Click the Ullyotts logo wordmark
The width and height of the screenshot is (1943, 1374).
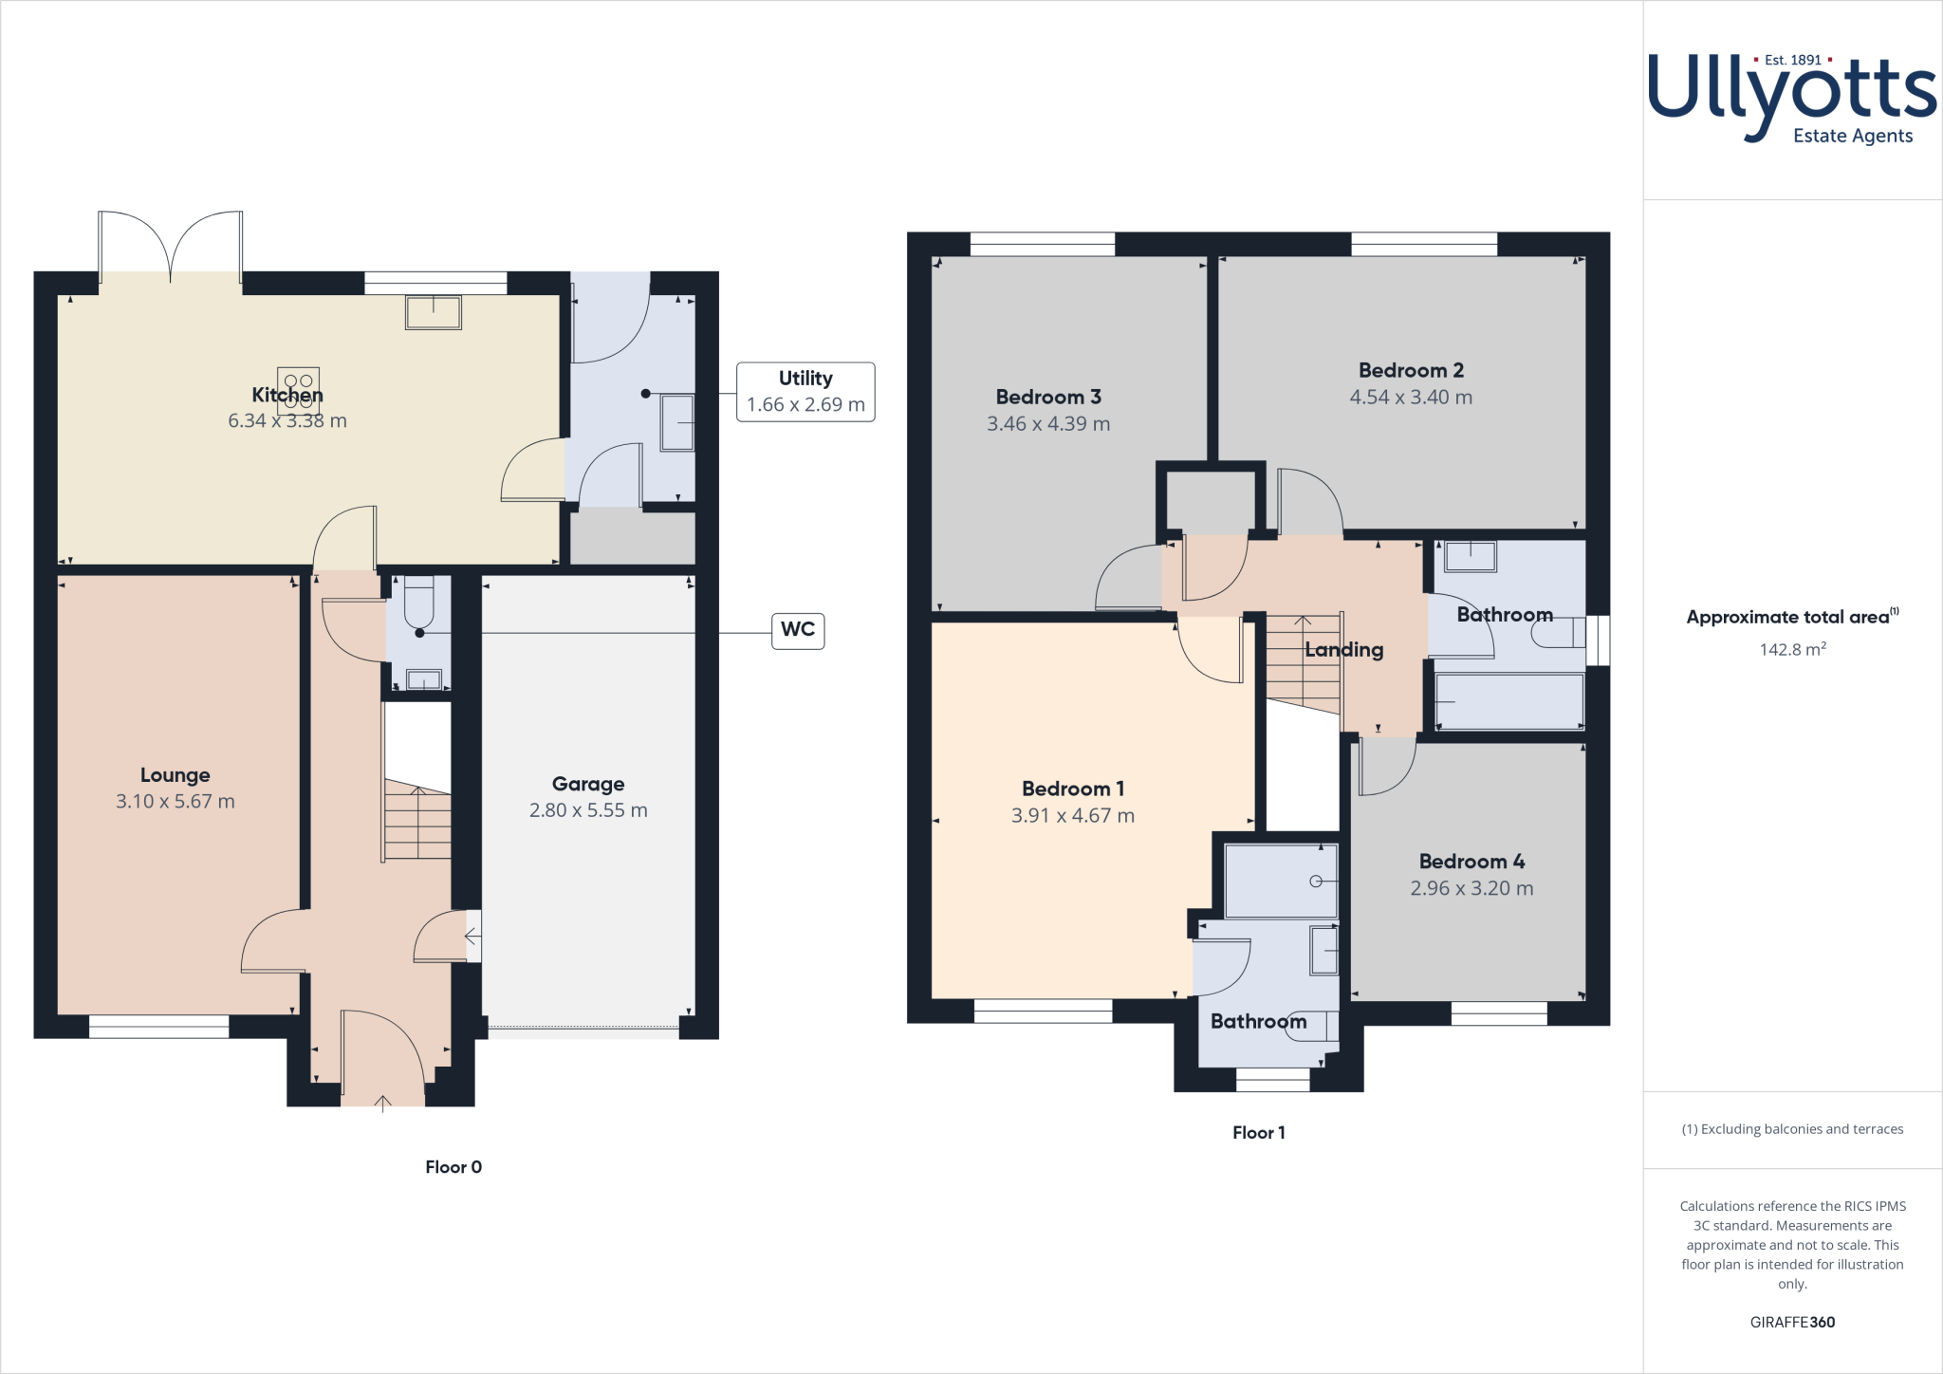point(1791,95)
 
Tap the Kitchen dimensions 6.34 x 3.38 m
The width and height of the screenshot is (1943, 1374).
point(287,421)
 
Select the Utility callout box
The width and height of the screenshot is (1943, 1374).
point(805,392)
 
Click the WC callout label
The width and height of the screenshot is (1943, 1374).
point(798,630)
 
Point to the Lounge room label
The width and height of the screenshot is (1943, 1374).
point(176,775)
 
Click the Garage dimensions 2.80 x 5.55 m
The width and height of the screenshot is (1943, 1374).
point(588,810)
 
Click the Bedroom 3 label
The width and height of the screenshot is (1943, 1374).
point(1048,397)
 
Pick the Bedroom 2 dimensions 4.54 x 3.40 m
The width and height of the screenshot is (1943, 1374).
point(1411,398)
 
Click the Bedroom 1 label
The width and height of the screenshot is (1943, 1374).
point(1073,789)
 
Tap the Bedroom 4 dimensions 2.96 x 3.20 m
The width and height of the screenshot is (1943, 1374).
point(1471,889)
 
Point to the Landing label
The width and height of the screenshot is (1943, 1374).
point(1343,650)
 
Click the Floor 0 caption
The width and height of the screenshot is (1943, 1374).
point(453,1167)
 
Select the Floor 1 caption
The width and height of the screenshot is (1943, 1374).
point(1258,1132)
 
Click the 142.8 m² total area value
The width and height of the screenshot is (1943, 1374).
point(1792,650)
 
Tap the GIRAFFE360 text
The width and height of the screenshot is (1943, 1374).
point(1792,1322)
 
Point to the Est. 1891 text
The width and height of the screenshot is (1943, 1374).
point(1792,60)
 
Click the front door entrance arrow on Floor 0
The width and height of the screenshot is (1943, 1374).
point(382,1103)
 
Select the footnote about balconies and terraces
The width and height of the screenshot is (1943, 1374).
point(1792,1129)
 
